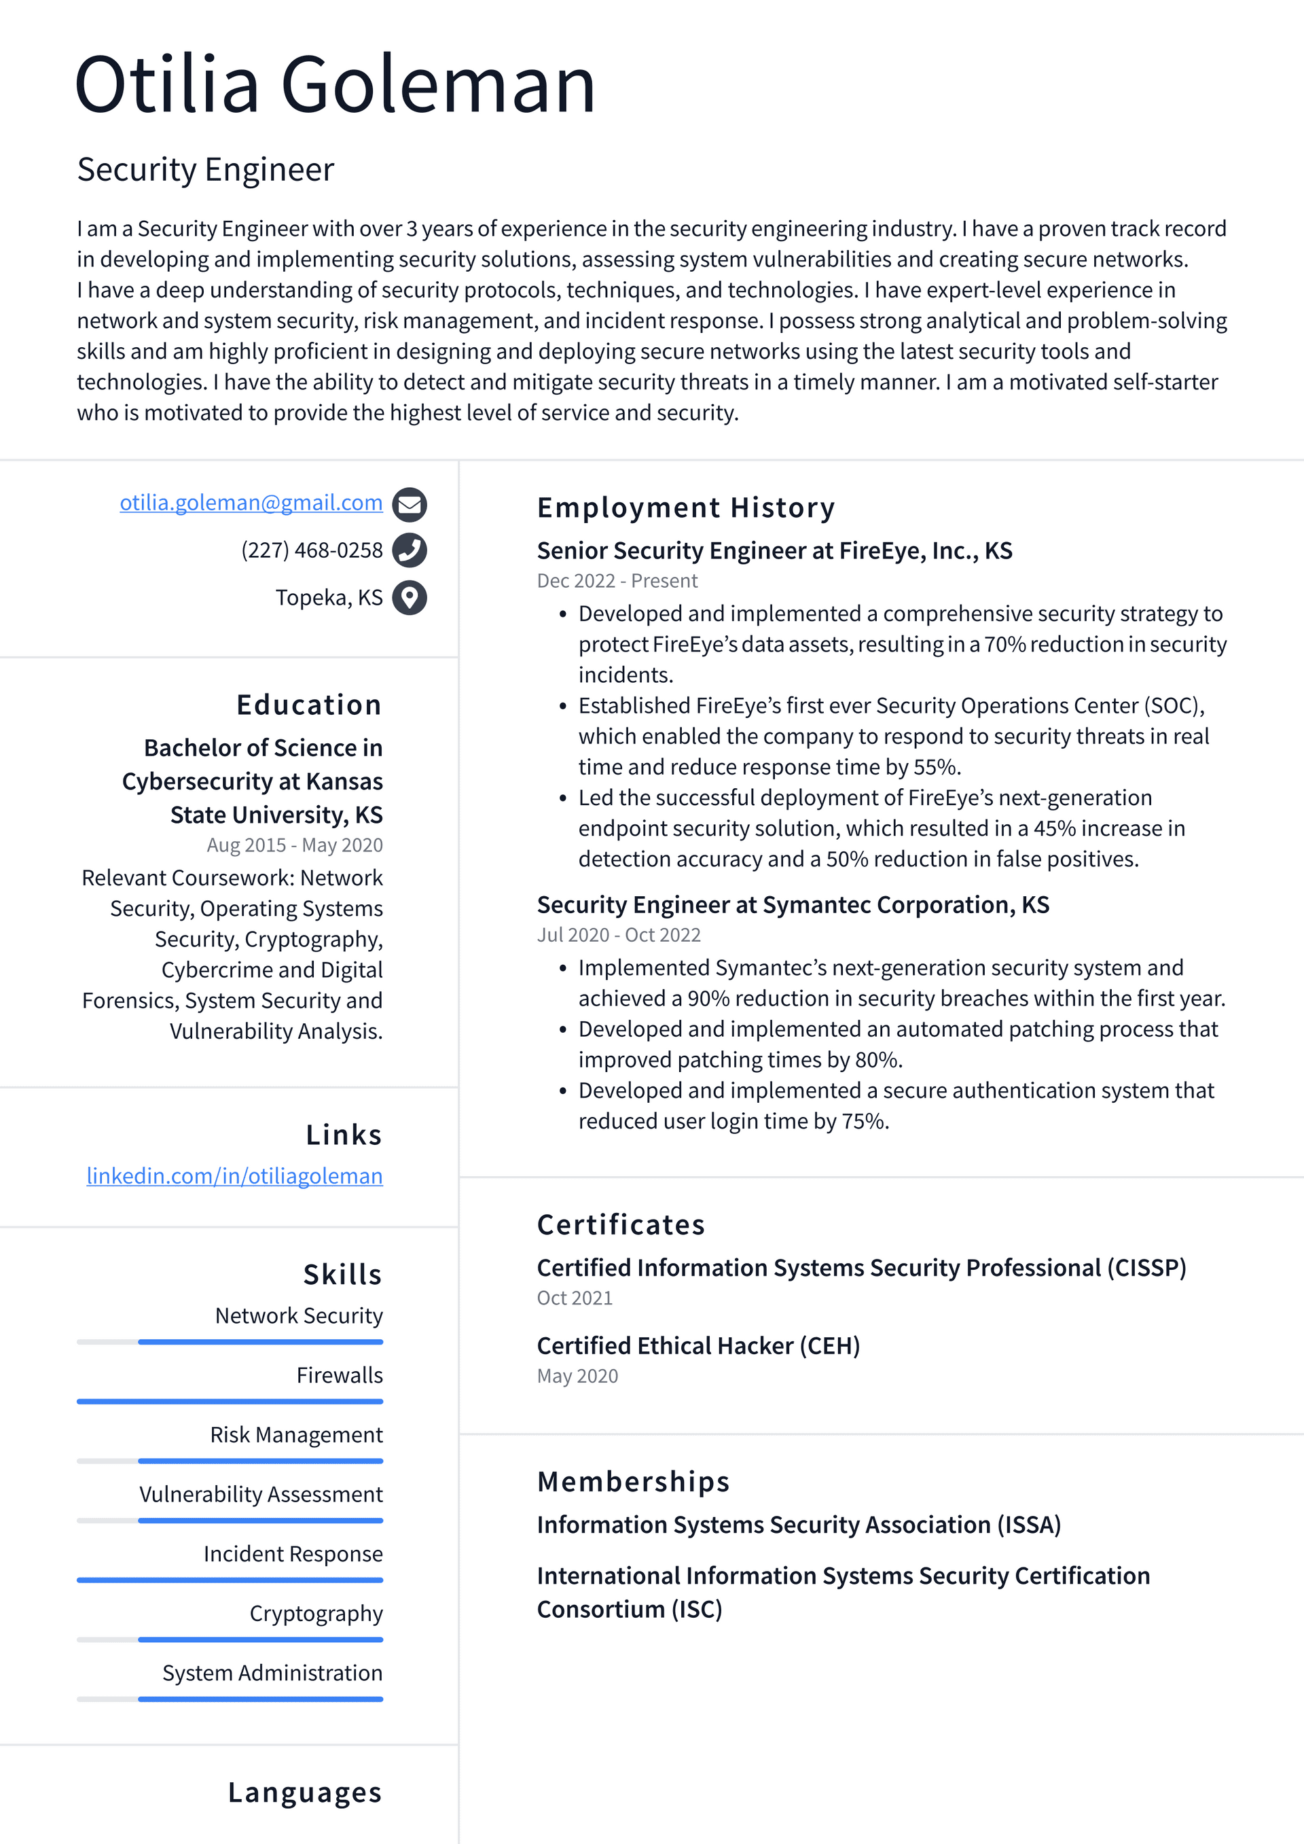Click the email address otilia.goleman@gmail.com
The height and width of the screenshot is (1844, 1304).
coord(251,503)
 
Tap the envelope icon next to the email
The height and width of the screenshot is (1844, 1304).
coord(410,504)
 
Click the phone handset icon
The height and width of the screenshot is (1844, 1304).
coord(410,551)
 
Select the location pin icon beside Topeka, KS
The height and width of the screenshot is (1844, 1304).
coord(410,597)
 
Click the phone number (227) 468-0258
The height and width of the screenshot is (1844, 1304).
coord(312,551)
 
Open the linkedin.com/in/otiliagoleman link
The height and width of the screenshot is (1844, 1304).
coord(234,1176)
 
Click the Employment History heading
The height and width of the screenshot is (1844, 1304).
coord(686,508)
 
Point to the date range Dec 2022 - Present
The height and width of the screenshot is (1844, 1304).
coord(617,581)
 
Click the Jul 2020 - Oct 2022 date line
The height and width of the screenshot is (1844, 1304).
coord(618,935)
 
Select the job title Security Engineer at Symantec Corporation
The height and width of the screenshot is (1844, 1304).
coord(793,905)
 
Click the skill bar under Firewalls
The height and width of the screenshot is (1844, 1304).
coord(230,1402)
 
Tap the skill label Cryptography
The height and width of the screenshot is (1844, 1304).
coord(316,1614)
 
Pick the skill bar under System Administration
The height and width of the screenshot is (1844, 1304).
coord(230,1699)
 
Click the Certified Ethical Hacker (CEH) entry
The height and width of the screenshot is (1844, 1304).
coord(698,1346)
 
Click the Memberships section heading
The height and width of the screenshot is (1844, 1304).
coord(633,1482)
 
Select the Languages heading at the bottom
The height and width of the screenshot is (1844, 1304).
coord(304,1792)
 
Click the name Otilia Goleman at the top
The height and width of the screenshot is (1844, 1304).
coord(335,84)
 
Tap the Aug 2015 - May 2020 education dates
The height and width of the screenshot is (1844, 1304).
coord(294,845)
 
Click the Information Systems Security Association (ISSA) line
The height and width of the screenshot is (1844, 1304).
coord(798,1525)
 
